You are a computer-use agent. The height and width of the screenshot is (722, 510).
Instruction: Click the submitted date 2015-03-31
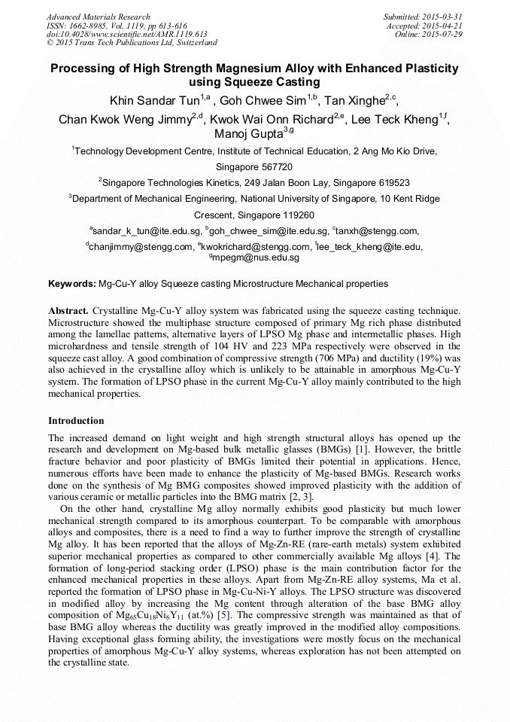pyautogui.click(x=442, y=17)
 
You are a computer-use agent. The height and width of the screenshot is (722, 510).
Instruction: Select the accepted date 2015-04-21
pyautogui.click(x=442, y=26)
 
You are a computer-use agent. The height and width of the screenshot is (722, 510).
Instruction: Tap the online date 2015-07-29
pyautogui.click(x=442, y=35)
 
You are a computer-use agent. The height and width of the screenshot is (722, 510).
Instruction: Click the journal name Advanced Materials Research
pyautogui.click(x=98, y=17)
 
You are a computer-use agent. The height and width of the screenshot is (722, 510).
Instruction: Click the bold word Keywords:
pyautogui.click(x=72, y=284)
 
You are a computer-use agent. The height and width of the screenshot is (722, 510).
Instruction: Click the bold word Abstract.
pyautogui.click(x=68, y=310)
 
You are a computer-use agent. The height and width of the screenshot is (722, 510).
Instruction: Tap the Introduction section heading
pyautogui.click(x=76, y=421)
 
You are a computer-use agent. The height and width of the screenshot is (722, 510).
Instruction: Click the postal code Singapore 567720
pyautogui.click(x=254, y=167)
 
